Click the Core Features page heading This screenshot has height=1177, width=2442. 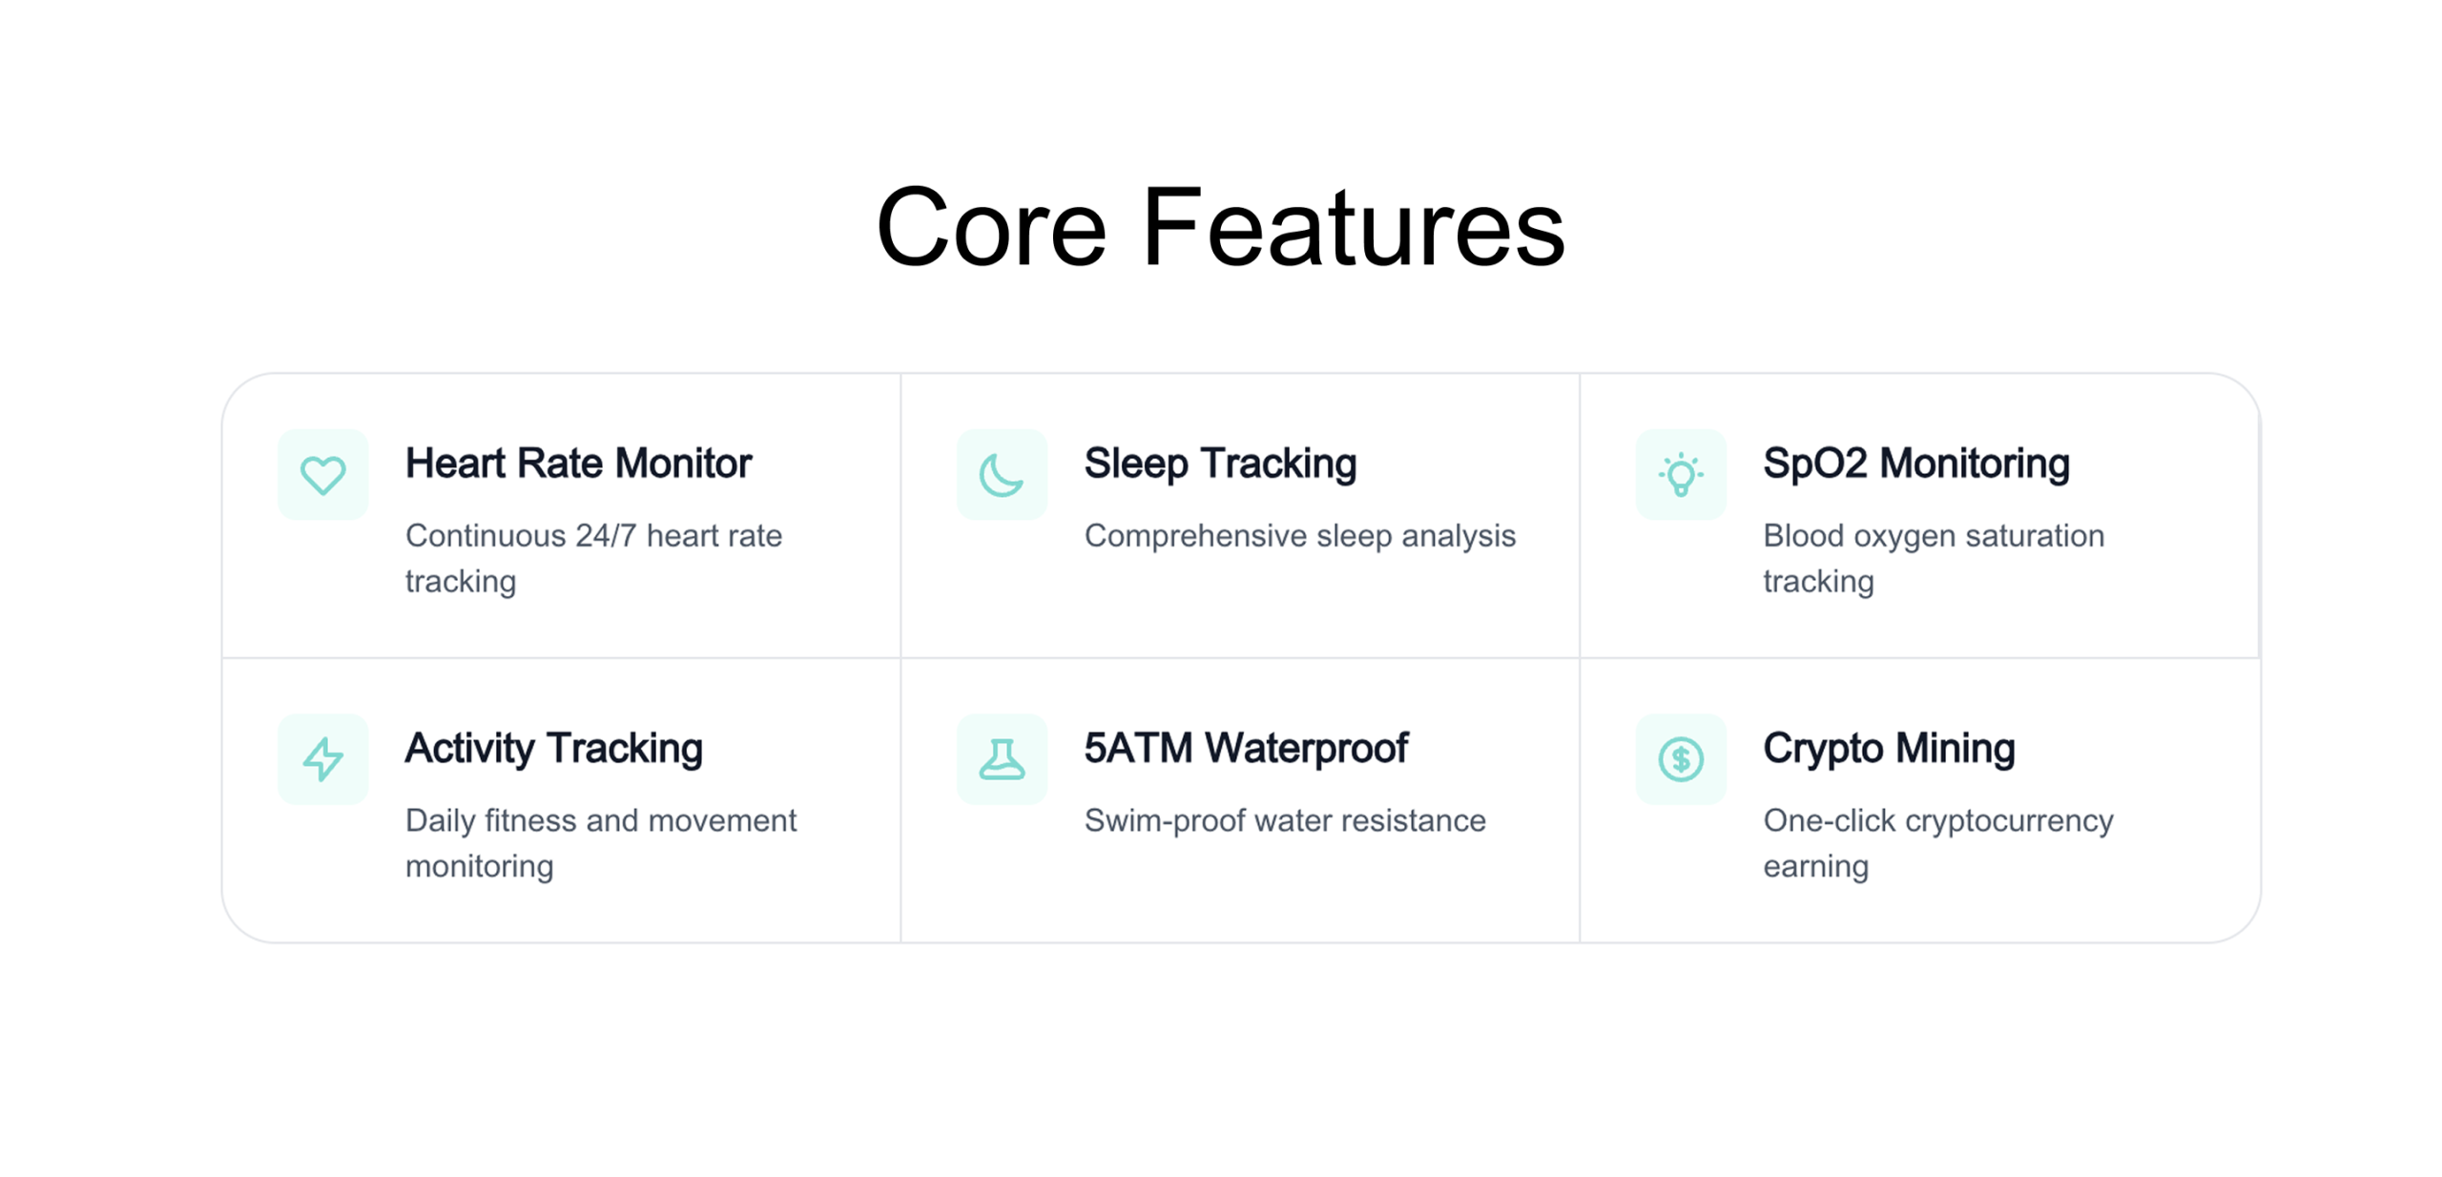1220,227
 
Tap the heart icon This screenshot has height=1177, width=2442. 322,474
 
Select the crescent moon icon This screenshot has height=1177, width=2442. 1001,474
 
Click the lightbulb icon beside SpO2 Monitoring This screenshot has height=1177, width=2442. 1680,474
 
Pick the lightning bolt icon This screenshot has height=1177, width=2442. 322,758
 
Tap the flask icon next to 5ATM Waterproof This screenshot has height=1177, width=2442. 1001,758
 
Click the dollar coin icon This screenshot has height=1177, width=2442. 1680,758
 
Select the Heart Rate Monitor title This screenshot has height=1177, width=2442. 578,463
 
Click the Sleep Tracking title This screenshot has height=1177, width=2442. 1220,464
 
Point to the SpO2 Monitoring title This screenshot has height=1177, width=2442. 1915,464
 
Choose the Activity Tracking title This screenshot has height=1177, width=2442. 553,749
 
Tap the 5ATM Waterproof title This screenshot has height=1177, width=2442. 1246,748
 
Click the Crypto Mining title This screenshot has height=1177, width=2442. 1889,749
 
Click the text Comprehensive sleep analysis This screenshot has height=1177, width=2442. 1299,535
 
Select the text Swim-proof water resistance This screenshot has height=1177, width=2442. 1285,819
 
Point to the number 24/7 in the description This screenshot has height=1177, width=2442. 605,535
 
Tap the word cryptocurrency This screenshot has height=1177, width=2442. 2009,821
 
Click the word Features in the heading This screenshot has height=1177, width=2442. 1353,227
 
